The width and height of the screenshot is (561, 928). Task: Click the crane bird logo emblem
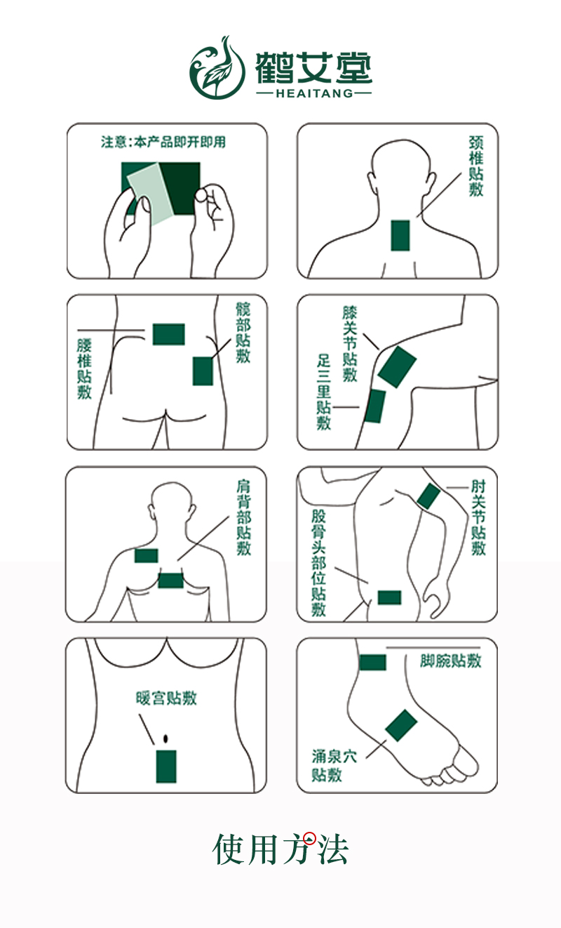[x=217, y=67]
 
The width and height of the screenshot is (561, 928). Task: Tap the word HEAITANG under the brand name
[x=314, y=93]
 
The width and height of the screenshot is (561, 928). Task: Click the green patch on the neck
[x=400, y=235]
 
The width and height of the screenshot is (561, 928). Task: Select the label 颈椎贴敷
[x=476, y=166]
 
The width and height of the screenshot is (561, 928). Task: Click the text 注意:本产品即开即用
[x=163, y=142]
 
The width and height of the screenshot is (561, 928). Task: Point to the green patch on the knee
[x=397, y=367]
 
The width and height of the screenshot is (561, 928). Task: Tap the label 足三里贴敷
[x=324, y=392]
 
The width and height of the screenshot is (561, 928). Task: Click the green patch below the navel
[x=166, y=767]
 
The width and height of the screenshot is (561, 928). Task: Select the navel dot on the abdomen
[x=166, y=738]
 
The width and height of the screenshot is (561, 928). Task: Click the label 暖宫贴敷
[x=166, y=698]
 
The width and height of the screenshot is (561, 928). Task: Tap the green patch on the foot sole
[x=401, y=725]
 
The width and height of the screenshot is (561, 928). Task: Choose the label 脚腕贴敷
[x=451, y=661]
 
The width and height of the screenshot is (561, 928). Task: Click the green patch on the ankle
[x=373, y=663]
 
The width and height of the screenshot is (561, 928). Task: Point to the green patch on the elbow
[x=428, y=496]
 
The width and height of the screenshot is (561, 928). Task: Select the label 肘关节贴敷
[x=478, y=517]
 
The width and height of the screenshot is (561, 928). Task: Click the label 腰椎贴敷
[x=84, y=369]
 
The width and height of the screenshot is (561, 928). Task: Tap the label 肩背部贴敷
[x=244, y=517]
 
